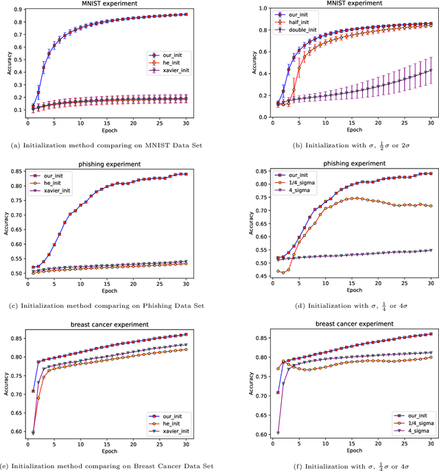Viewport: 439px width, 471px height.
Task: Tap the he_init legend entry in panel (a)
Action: [173, 62]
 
